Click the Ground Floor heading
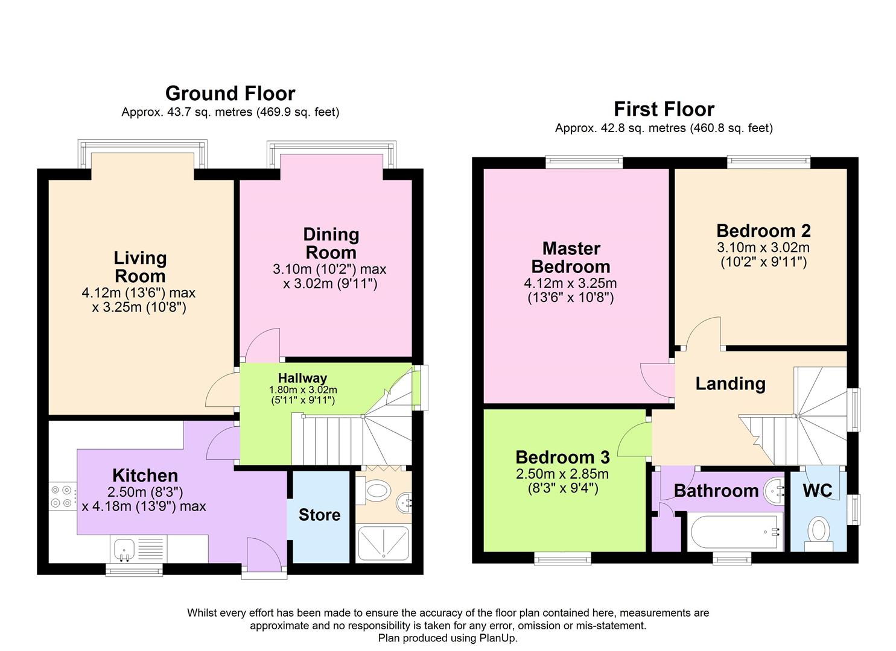[230, 93]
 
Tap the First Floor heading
[664, 109]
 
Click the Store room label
[319, 515]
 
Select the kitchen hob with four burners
[62, 496]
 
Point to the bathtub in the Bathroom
[735, 532]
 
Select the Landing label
[731, 383]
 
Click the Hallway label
[302, 378]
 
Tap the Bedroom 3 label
[562, 457]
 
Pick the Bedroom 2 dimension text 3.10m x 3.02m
[763, 247]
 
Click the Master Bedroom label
[571, 257]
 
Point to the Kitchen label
[145, 476]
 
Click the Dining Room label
[331, 244]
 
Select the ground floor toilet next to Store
[373, 490]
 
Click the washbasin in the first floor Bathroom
[774, 492]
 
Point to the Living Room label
[140, 267]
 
